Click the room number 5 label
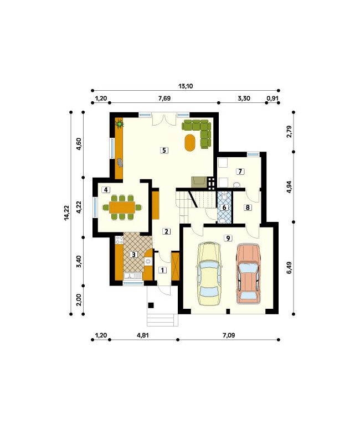(164, 150)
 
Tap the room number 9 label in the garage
(228, 238)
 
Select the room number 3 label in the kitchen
(133, 255)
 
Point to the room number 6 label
(224, 208)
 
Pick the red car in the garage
(248, 273)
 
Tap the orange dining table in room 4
(122, 208)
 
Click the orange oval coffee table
(190, 143)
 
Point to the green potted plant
(120, 124)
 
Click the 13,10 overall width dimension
(186, 86)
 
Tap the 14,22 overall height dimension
(66, 213)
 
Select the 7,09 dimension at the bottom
(229, 335)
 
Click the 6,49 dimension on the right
(289, 268)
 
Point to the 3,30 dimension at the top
(244, 98)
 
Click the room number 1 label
(162, 270)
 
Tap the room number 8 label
(248, 208)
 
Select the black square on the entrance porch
(151, 305)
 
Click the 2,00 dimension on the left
(79, 300)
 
